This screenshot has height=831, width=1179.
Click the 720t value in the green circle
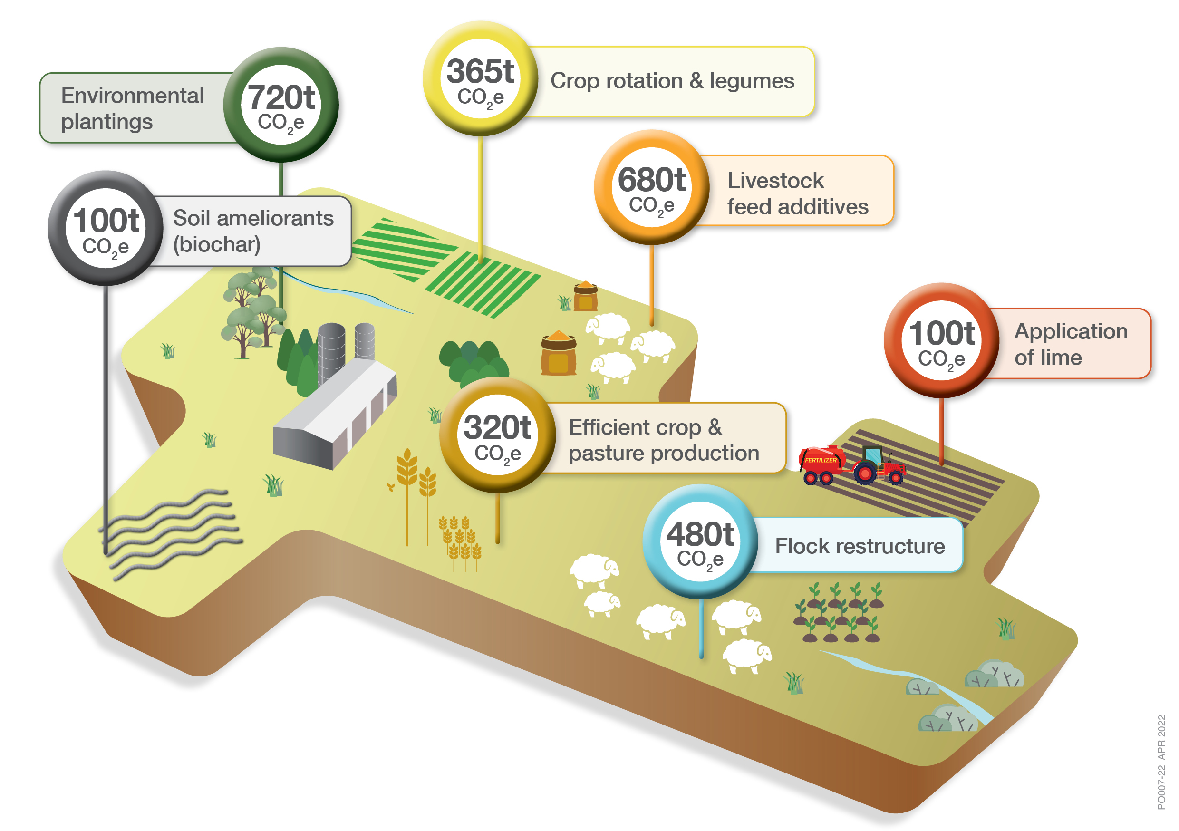(281, 97)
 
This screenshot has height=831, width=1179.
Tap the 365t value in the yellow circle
(480, 71)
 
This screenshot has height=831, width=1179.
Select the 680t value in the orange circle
(651, 180)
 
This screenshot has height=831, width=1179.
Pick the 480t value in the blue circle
(700, 534)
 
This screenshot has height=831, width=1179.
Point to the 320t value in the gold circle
(497, 427)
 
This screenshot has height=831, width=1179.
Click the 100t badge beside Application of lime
(941, 340)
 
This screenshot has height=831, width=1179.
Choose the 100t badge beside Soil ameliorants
(106, 228)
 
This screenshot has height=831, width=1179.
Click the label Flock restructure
(860, 546)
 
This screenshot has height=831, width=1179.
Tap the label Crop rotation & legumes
(672, 81)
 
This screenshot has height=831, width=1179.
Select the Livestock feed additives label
(797, 193)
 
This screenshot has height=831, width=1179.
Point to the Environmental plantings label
(132, 108)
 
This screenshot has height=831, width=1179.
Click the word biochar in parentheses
(217, 244)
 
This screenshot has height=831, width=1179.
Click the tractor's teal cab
(873, 455)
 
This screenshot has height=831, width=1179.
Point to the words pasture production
(664, 454)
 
